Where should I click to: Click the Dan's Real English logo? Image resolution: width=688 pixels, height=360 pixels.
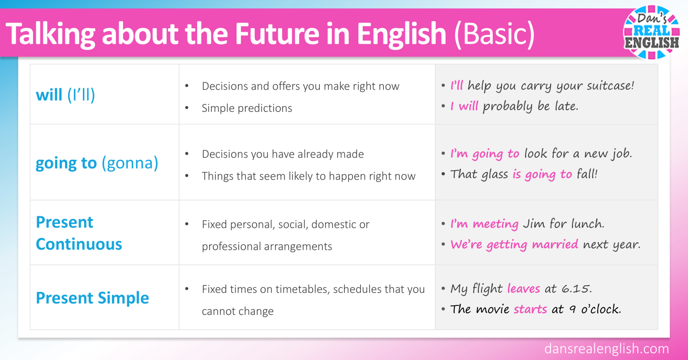point(652,32)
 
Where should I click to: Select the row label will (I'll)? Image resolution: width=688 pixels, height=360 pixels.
point(65,95)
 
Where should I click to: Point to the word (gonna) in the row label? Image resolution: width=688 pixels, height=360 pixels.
point(130,163)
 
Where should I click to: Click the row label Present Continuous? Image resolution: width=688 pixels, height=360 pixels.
point(79,233)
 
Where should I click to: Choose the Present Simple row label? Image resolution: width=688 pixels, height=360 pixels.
point(92,298)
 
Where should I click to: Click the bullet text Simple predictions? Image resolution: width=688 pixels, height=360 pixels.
point(247,108)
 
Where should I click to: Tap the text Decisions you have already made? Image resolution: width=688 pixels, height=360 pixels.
point(283,154)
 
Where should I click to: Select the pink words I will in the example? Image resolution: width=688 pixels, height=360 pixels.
point(464,107)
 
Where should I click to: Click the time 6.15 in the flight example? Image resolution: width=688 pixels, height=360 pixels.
point(576,289)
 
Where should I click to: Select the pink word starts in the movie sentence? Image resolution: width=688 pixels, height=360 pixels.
point(530,309)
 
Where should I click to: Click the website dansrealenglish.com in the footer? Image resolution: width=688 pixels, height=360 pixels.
point(606,349)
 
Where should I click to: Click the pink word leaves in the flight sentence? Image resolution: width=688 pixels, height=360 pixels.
point(524,289)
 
